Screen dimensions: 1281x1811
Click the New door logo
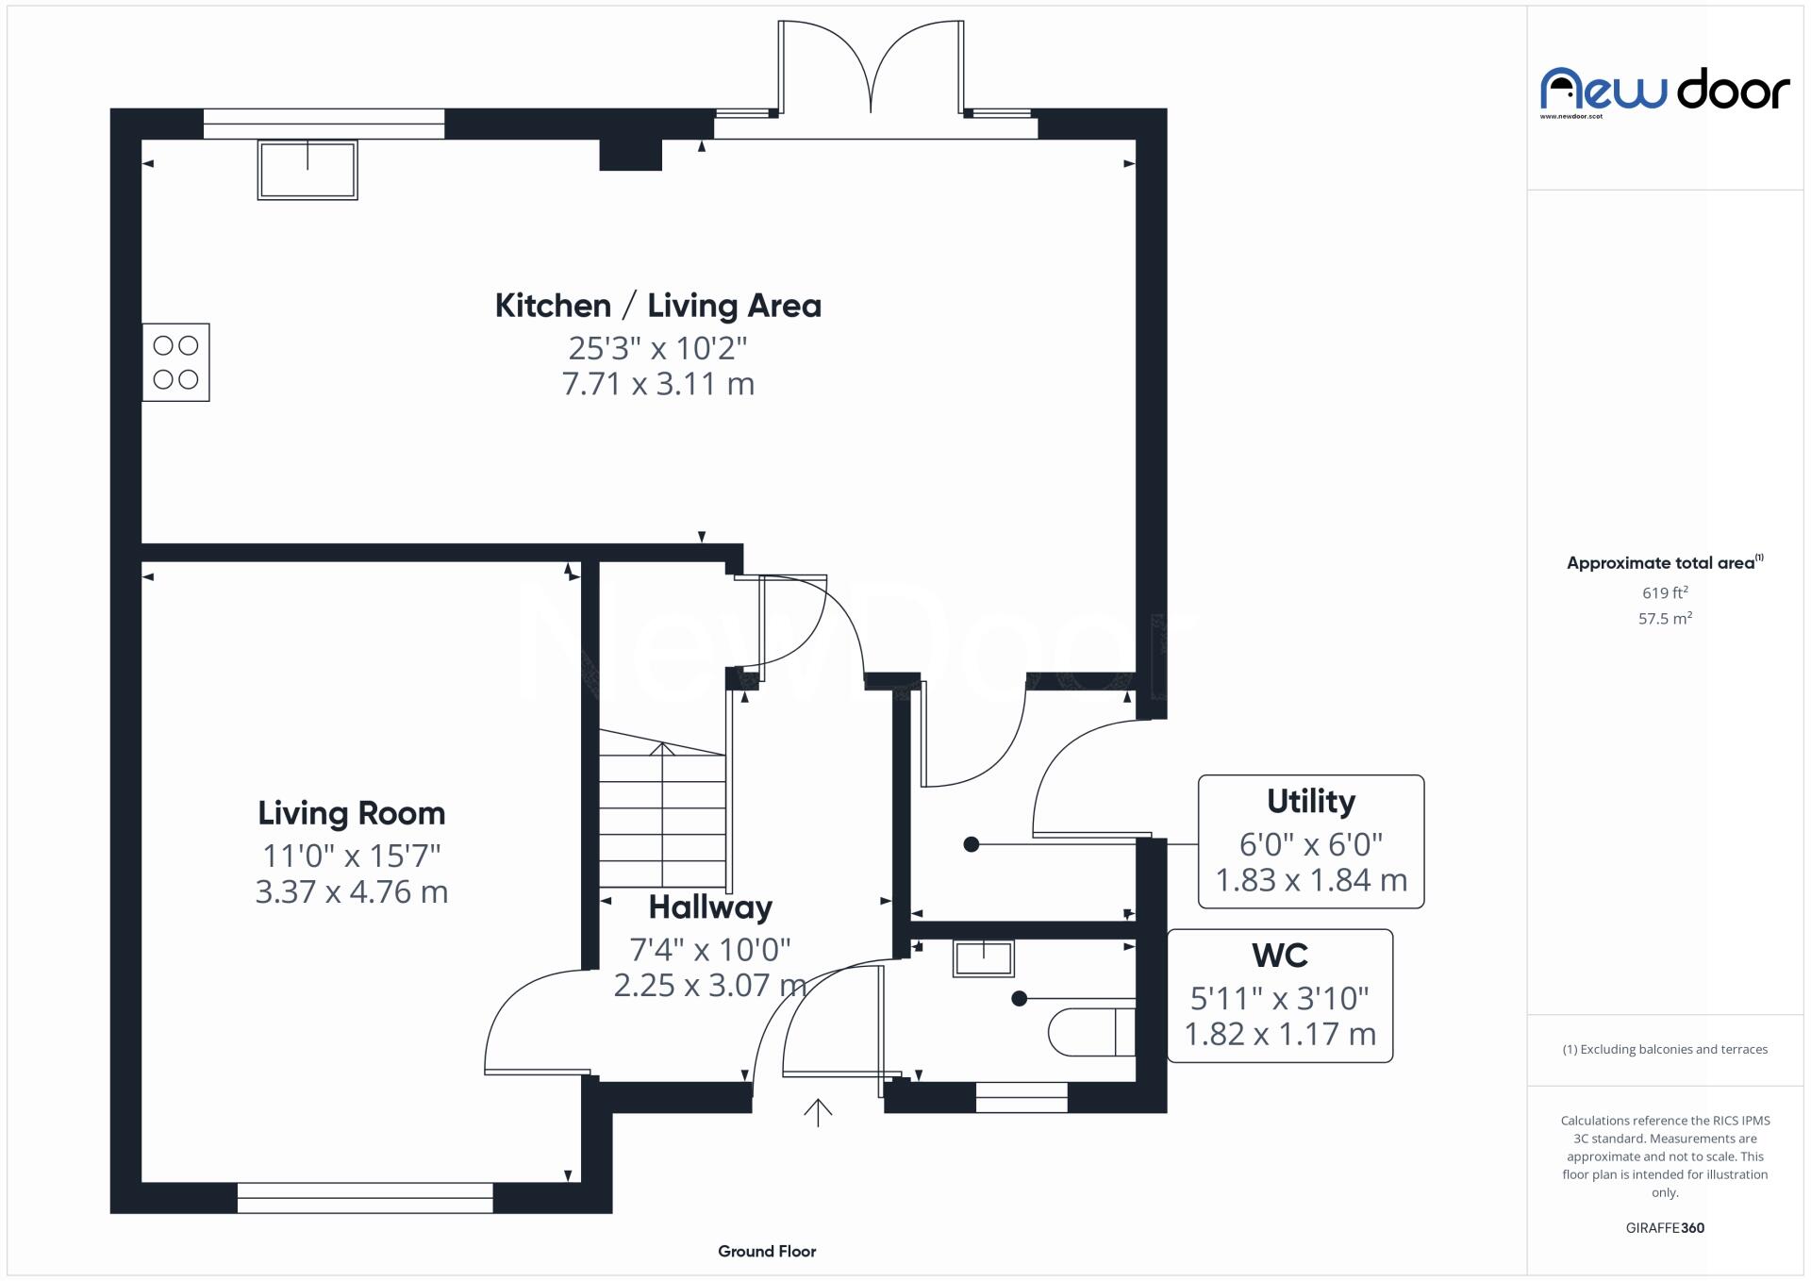(1664, 91)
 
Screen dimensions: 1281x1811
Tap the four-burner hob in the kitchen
(176, 362)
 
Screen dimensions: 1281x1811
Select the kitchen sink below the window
(307, 170)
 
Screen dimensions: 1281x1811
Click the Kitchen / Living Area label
(657, 306)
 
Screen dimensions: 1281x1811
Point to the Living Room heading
(351, 813)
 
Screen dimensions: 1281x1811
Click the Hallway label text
(710, 907)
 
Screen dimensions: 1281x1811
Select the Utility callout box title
(1310, 801)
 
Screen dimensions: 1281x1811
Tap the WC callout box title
(1279, 956)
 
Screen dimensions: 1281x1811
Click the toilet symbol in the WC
(1091, 1032)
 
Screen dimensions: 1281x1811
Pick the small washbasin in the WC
(983, 958)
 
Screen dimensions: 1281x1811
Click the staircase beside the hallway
(662, 811)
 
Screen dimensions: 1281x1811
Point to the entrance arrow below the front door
(817, 1113)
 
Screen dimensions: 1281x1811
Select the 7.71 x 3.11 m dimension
(657, 384)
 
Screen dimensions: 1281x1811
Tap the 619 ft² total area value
(1664, 592)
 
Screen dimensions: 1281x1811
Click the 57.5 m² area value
(1664, 619)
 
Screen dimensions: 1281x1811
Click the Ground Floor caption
(766, 1251)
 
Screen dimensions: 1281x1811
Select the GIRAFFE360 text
(1664, 1227)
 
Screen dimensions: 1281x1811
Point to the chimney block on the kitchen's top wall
(630, 154)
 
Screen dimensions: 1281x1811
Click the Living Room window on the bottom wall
(364, 1197)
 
